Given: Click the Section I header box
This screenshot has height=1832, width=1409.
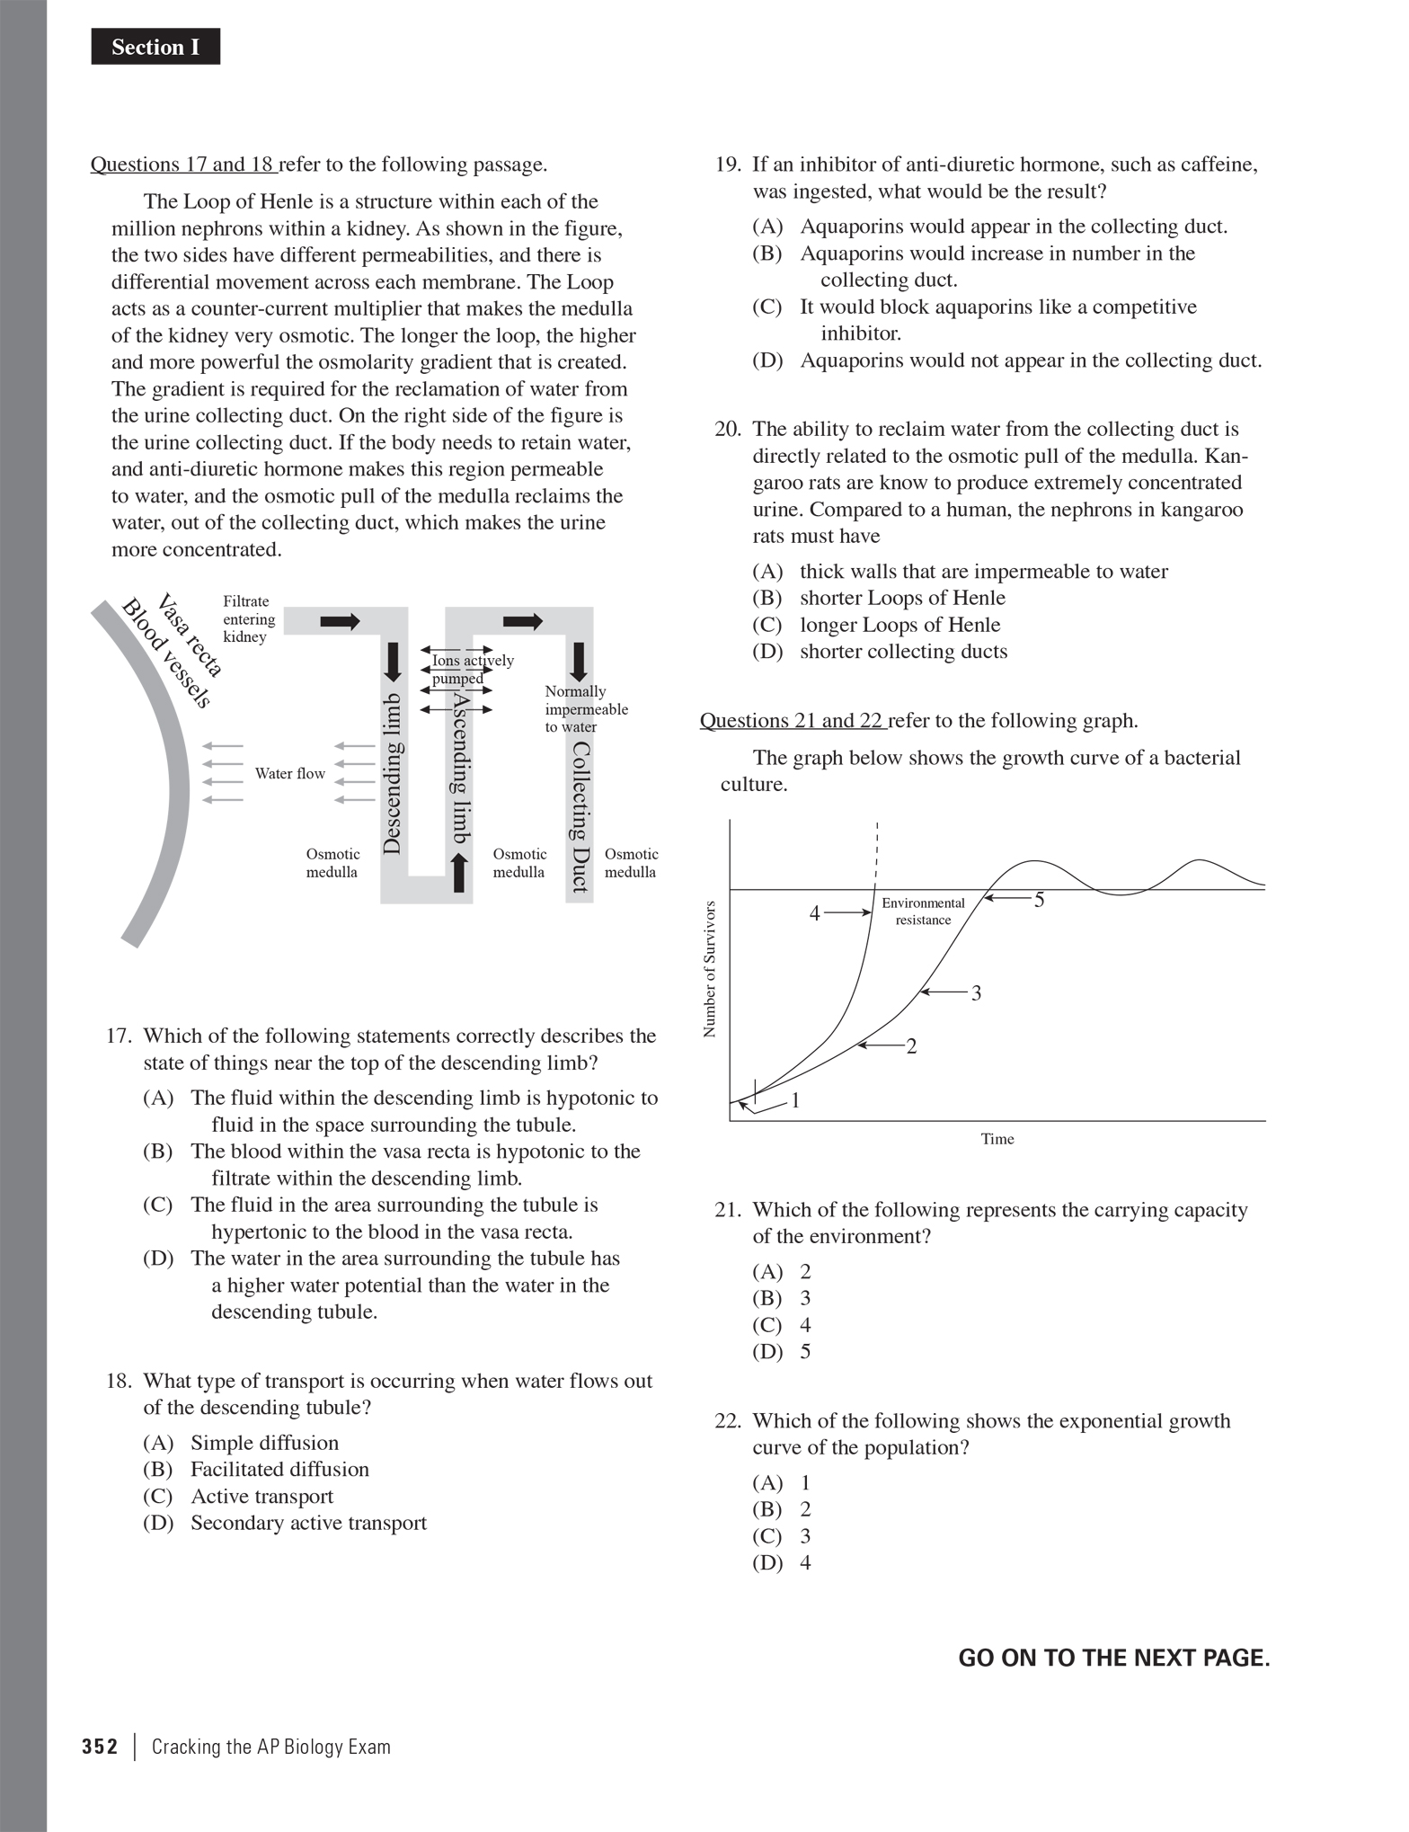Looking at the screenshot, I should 155,47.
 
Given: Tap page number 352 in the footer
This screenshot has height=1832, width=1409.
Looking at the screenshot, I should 100,1747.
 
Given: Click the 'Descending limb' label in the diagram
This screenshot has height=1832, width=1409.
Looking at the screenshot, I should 392,773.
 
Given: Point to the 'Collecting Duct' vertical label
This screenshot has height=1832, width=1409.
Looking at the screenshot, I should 580,816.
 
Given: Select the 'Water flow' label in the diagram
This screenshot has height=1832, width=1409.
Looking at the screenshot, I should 289,773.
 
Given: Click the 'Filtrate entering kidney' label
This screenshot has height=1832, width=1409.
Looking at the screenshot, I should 249,618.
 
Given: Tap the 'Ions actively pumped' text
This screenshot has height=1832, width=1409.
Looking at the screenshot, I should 467,669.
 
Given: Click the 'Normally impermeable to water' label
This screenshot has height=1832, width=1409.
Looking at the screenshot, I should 585,708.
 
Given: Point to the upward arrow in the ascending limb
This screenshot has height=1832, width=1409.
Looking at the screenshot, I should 459,873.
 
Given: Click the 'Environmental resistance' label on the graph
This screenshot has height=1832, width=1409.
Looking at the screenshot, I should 923,911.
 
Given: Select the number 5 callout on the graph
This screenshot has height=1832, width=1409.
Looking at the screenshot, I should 1039,900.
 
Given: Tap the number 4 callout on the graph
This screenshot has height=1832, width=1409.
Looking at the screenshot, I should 815,913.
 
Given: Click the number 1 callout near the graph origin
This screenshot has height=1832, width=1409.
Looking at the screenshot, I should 795,1100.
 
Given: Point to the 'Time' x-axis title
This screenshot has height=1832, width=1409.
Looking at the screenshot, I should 997,1139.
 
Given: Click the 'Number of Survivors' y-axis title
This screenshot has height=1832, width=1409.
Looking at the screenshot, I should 710,969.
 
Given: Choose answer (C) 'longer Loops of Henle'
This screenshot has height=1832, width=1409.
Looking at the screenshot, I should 899,625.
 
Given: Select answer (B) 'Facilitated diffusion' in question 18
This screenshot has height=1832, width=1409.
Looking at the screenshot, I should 279,1469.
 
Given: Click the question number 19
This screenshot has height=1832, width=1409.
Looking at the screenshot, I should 727,165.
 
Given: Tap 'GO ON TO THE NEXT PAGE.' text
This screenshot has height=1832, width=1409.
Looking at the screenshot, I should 1113,1658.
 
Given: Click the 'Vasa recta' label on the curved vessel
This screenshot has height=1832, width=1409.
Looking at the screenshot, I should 190,635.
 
